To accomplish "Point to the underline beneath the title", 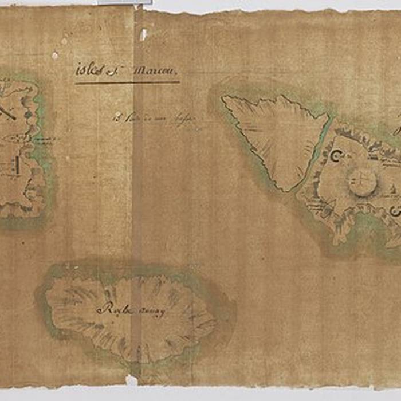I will coord(127,82).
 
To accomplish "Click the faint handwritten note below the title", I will coord(147,118).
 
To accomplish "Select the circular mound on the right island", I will coord(362,182).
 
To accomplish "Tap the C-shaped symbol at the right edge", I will coord(395,211).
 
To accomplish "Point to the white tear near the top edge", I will coord(143,35).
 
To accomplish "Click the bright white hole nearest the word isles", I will coord(55,56).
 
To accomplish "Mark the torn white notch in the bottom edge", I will coord(131,380).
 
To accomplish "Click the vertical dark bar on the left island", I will coord(17,167).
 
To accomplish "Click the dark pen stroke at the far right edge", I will coord(396,131).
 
